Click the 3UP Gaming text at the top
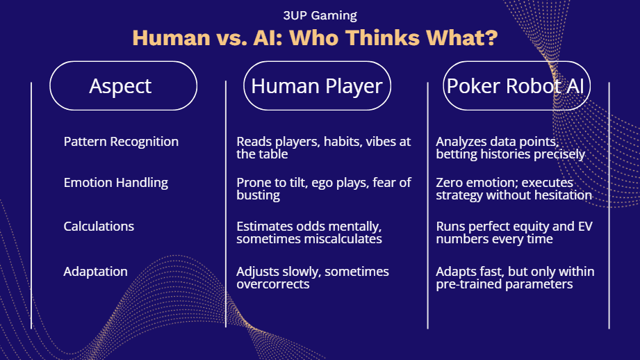point(320,15)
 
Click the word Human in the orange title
point(172,38)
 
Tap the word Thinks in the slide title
point(382,38)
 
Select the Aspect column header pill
point(123,85)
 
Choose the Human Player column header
point(317,85)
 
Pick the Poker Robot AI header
point(517,85)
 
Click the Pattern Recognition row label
point(121,142)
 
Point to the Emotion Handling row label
point(115,183)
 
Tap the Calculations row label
point(99,226)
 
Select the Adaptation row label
point(95,272)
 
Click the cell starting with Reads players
point(324,148)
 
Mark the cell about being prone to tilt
point(324,188)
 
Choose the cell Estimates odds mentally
point(309,232)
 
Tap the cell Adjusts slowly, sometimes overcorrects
point(313,277)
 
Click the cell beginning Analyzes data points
point(510,148)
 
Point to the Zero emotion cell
point(514,188)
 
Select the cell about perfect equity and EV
point(514,232)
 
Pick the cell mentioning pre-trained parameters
point(515,277)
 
